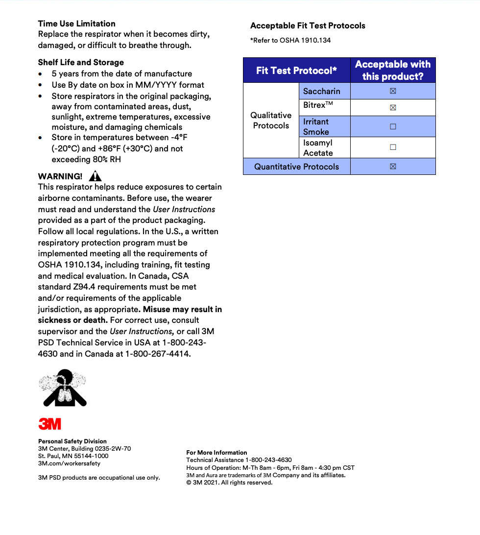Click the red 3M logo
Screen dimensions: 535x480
(x=50, y=423)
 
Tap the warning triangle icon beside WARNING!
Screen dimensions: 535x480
(x=96, y=176)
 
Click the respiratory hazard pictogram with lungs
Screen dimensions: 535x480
(x=63, y=388)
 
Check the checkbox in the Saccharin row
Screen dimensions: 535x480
(x=393, y=91)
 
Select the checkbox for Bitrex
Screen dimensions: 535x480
(x=393, y=108)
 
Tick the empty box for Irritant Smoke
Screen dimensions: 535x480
(x=393, y=126)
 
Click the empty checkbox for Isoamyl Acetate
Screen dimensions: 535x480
(x=393, y=147)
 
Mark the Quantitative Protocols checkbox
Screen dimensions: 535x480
(x=393, y=167)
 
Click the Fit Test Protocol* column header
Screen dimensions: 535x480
(x=296, y=71)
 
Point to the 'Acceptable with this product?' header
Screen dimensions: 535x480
(x=393, y=71)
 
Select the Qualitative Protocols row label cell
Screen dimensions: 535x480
(x=271, y=121)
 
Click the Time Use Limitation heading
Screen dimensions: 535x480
(x=77, y=24)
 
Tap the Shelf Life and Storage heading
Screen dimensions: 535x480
(x=81, y=62)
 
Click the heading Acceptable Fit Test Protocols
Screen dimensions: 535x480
(x=308, y=25)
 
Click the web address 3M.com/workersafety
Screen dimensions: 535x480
(x=69, y=463)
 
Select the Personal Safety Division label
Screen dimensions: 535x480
(x=72, y=441)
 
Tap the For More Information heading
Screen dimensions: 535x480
(x=216, y=452)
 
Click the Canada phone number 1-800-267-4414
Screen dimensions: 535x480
(x=157, y=353)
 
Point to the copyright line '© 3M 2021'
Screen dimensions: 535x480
(x=229, y=482)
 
